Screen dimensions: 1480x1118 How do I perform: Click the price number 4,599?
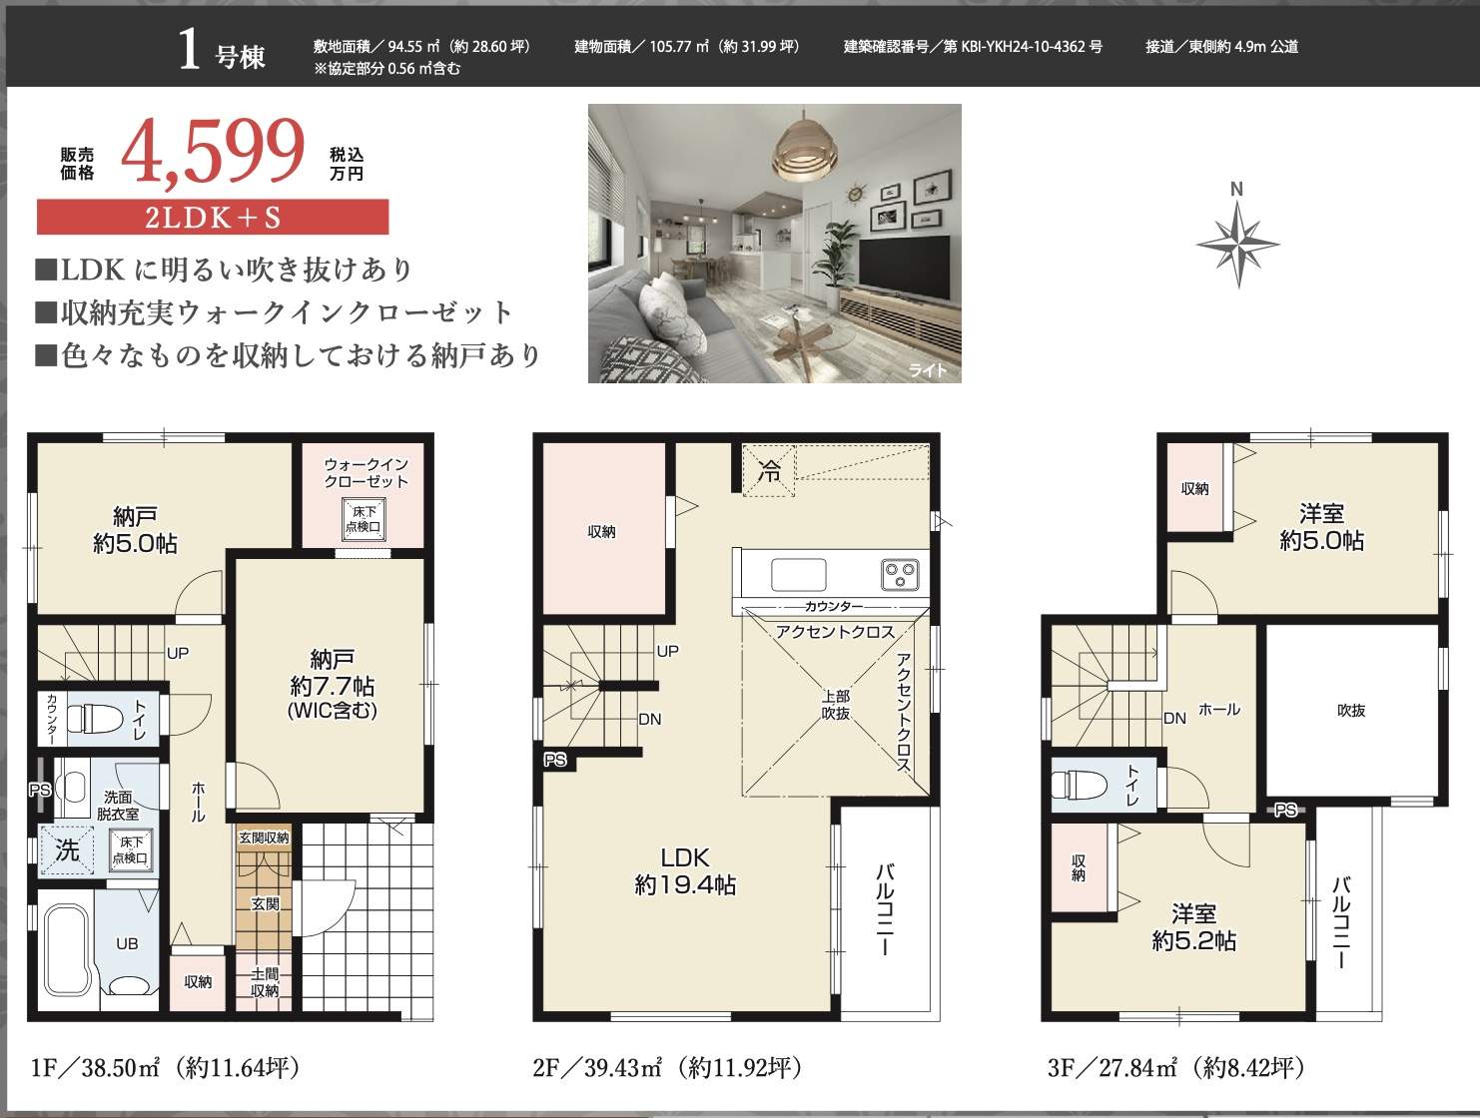pos(213,152)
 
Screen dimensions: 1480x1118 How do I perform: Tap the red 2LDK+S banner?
pos(213,217)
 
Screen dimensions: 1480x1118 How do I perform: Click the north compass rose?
pos(1238,244)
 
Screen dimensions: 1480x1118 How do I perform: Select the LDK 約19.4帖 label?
pos(685,870)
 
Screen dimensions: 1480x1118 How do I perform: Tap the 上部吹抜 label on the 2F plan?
pos(836,704)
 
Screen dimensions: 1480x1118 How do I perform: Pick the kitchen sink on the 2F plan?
pos(798,575)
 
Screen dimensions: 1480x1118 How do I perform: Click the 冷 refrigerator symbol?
pos(769,470)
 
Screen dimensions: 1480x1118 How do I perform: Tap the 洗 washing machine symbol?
pos(67,850)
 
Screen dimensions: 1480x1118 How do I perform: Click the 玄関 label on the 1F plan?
pos(265,903)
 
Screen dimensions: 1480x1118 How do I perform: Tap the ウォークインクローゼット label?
pos(367,473)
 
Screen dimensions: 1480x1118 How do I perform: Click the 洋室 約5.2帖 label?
pos(1193,927)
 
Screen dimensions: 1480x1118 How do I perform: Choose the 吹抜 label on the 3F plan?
pos(1350,711)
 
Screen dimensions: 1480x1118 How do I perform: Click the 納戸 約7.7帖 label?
pos(332,684)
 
